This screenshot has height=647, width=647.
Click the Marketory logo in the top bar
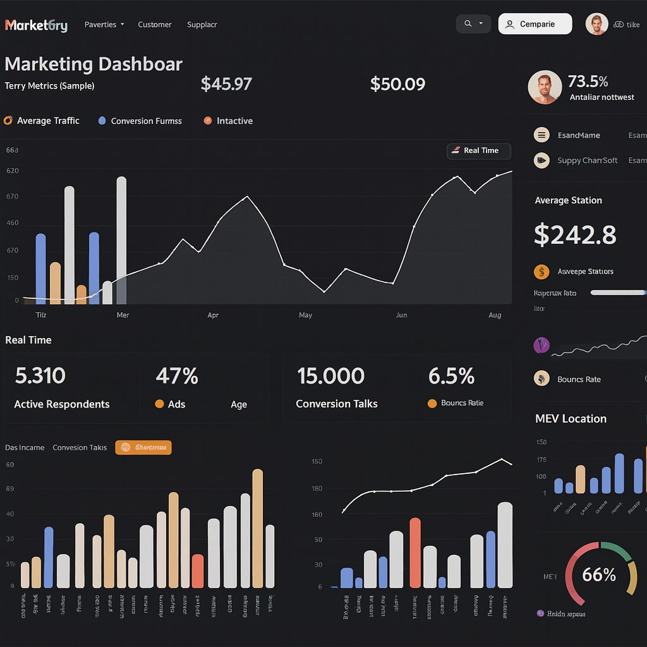click(36, 25)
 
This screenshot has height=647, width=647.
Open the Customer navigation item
click(155, 25)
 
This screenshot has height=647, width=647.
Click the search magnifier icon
click(468, 24)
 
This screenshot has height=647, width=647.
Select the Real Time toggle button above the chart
click(478, 151)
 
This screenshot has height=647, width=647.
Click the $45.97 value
click(226, 84)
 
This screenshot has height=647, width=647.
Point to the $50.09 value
click(397, 84)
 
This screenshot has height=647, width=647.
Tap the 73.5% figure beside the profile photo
click(588, 82)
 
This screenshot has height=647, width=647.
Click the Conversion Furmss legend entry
click(146, 121)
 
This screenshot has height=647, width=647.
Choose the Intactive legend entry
click(234, 121)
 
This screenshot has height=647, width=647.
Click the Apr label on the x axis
click(213, 315)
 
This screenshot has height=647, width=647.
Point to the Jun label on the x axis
click(401, 315)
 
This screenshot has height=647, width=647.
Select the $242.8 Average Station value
click(575, 234)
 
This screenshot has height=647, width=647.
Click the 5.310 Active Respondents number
click(40, 376)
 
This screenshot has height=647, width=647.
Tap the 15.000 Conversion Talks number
click(330, 376)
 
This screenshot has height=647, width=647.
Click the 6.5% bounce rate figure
click(451, 376)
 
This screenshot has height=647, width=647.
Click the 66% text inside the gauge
click(598, 574)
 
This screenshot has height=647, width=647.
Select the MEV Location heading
click(571, 419)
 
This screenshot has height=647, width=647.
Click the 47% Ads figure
click(177, 376)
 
